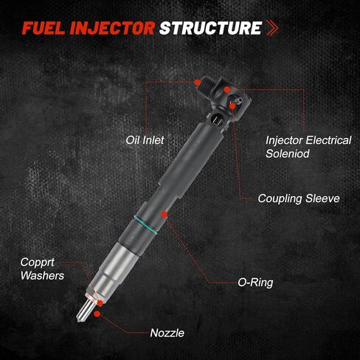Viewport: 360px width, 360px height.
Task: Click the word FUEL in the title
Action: (x=44, y=28)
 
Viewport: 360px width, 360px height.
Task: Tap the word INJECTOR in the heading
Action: (x=112, y=28)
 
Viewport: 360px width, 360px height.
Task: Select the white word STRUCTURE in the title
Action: (x=210, y=28)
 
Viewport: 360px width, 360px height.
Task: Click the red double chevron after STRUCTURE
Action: (x=272, y=28)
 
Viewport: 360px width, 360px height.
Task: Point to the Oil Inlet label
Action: (x=145, y=140)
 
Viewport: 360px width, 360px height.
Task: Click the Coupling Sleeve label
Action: (x=299, y=198)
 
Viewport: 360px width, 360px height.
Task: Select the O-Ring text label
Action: (x=255, y=283)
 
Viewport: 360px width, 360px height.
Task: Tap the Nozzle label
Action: (x=167, y=333)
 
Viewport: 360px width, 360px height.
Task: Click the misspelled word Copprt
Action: (x=37, y=263)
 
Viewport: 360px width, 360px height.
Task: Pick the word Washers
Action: (x=42, y=276)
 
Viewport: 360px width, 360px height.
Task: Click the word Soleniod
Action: (x=288, y=153)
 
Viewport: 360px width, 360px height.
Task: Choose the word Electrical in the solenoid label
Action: (x=328, y=140)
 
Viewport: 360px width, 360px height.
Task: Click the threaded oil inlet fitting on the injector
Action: (x=206, y=87)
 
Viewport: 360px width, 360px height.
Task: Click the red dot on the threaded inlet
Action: (x=197, y=83)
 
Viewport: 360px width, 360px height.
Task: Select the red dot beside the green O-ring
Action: (x=164, y=215)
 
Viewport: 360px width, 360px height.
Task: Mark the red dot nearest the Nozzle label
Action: (x=97, y=314)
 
